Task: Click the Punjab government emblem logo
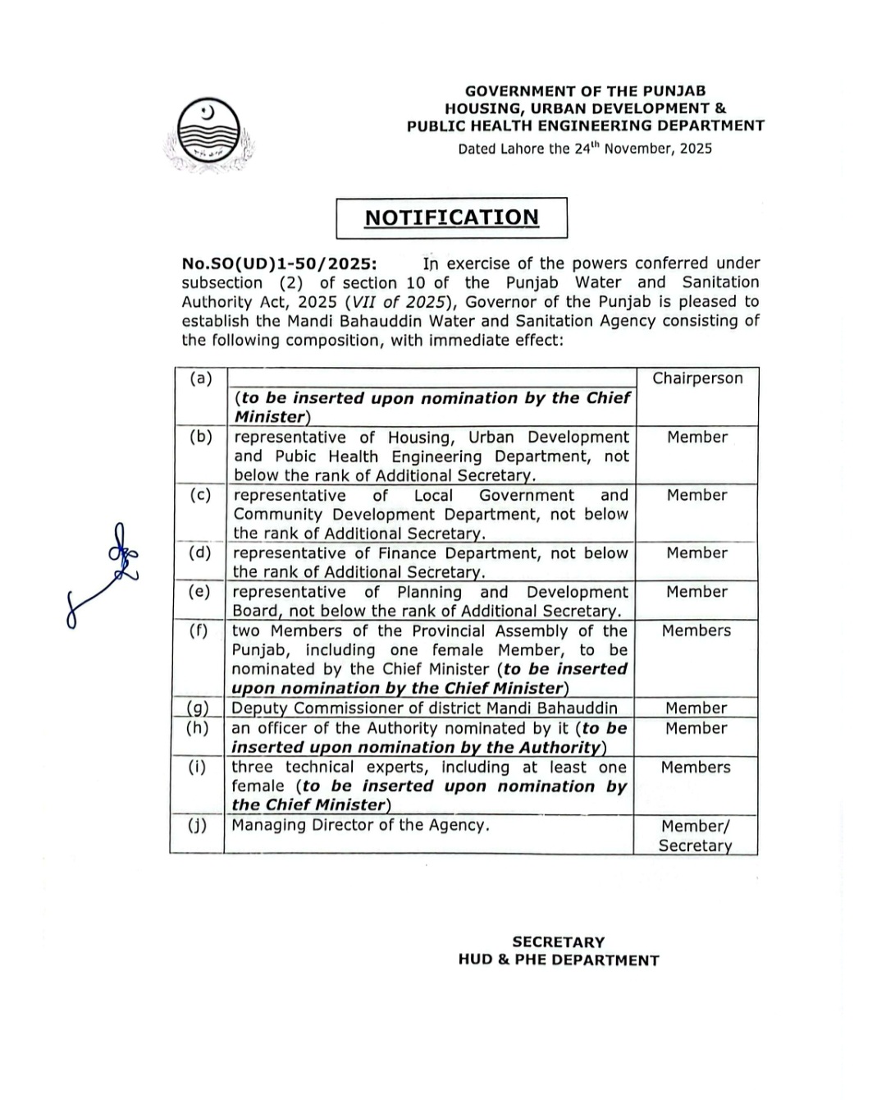[x=208, y=135]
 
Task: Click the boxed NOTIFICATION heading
[x=452, y=218]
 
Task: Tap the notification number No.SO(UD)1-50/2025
[x=280, y=264]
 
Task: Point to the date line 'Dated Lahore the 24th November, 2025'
[x=585, y=149]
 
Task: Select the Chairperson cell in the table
[x=697, y=378]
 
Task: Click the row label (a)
[x=201, y=378]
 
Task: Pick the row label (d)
[x=199, y=552]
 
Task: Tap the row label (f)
[x=199, y=630]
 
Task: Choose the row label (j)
[x=197, y=825]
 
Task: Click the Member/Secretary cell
[x=696, y=836]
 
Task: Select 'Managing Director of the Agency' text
[x=360, y=825]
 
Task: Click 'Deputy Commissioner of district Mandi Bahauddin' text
[x=424, y=708]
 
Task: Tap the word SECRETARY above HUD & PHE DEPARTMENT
[x=558, y=942]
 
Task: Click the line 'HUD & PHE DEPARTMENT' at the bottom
[x=559, y=960]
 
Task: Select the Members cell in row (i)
[x=696, y=767]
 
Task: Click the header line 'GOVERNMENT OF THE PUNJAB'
[x=585, y=91]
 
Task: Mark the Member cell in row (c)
[x=696, y=495]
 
